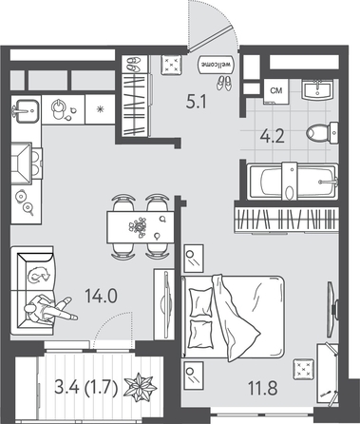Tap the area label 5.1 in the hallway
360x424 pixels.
[x=197, y=103]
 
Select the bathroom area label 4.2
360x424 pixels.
[x=272, y=137]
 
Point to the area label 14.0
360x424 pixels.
[x=101, y=297]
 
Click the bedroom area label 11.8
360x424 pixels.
[x=263, y=388]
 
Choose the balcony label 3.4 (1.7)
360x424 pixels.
[x=86, y=387]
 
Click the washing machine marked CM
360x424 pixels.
[x=276, y=91]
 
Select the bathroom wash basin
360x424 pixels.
[x=317, y=89]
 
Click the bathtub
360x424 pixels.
[x=293, y=182]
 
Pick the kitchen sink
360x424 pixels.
[x=26, y=111]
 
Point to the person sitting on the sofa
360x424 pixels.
[x=49, y=309]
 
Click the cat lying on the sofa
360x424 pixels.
[x=38, y=275]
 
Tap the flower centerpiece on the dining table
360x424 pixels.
[x=138, y=226]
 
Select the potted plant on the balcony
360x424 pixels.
[x=140, y=387]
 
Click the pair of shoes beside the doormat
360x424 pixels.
[x=224, y=83]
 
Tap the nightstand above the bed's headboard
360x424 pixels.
[x=194, y=259]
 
